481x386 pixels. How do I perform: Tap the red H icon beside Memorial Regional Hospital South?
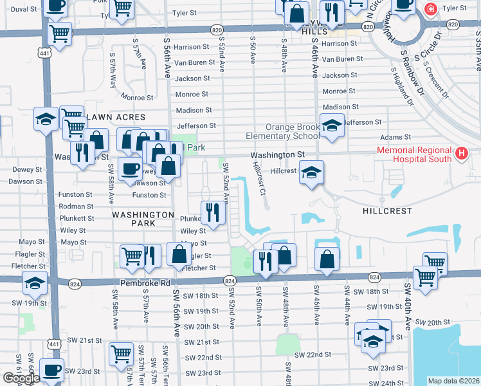click(461, 154)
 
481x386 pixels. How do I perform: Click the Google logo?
click(21, 378)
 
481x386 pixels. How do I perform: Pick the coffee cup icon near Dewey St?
click(130, 168)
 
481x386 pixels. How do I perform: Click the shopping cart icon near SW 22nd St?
click(121, 353)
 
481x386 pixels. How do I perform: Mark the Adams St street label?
click(395, 137)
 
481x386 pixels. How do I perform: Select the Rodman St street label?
click(73, 207)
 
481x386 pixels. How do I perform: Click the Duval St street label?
click(24, 10)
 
